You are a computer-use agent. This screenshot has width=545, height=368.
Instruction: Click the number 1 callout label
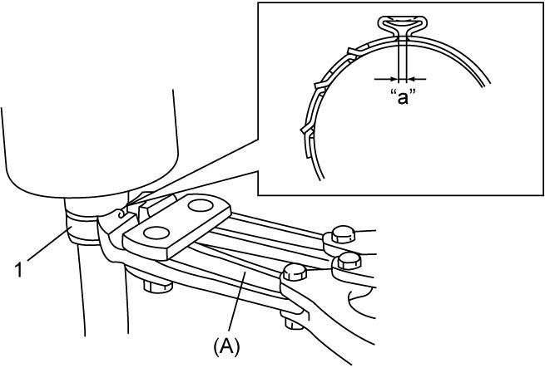19,270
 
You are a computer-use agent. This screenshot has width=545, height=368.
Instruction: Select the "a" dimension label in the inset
403,96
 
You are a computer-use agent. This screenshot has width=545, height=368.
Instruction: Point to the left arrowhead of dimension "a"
394,79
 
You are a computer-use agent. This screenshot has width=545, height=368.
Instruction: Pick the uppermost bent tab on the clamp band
356,52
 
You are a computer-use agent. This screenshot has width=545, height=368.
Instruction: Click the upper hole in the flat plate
201,205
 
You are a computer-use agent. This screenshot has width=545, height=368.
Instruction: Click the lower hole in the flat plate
154,233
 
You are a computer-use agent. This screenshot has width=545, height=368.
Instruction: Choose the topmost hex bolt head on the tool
344,234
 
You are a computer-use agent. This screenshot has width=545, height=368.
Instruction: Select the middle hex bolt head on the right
349,260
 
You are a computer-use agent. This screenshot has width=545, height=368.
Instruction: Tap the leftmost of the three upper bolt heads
295,272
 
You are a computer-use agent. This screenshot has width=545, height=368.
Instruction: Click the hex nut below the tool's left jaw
157,285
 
